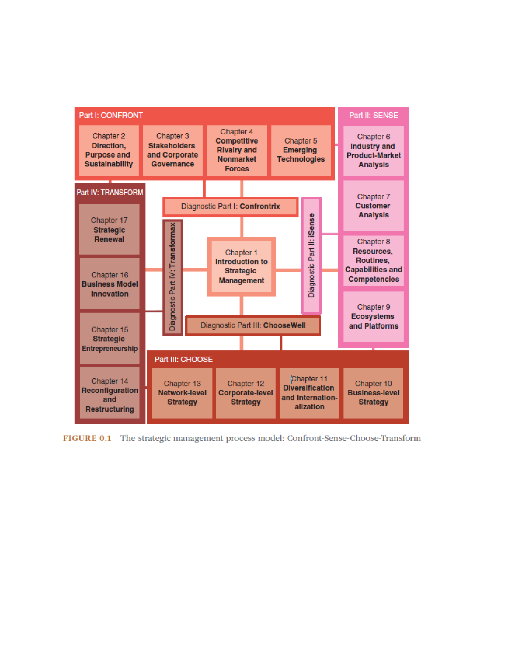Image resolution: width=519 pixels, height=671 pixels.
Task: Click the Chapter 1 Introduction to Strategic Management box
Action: tap(241, 266)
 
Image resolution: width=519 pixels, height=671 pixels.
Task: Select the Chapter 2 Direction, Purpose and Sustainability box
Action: tap(109, 150)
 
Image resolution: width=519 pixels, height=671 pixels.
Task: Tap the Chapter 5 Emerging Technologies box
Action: tap(301, 150)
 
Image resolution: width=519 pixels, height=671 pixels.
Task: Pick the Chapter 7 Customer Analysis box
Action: tap(374, 205)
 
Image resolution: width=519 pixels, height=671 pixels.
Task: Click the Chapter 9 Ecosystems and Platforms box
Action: tap(374, 316)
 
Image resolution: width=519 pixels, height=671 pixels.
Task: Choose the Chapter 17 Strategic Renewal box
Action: tap(109, 230)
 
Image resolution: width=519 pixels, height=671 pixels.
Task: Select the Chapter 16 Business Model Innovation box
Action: tap(109, 284)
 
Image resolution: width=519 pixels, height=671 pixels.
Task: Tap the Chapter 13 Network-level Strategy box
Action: tap(182, 393)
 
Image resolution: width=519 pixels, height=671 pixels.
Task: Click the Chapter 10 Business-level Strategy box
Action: tap(373, 393)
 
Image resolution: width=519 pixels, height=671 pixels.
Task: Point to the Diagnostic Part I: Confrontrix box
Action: tap(230, 207)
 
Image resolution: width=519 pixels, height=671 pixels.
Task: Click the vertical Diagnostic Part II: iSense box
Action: tap(311, 255)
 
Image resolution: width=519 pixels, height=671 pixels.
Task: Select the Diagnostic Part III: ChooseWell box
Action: tap(253, 325)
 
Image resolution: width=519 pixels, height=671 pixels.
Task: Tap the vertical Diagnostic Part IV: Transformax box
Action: tap(173, 277)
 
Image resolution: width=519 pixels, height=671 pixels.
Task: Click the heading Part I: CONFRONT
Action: tap(111, 115)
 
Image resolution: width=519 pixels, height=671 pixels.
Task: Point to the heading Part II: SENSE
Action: tap(374, 115)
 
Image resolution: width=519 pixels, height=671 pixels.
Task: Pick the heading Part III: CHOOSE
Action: tap(184, 359)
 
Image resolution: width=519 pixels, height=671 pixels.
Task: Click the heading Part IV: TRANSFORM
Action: tap(110, 192)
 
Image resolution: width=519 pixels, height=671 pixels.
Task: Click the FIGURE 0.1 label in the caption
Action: tap(87, 438)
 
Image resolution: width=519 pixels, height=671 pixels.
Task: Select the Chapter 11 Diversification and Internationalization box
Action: tap(310, 393)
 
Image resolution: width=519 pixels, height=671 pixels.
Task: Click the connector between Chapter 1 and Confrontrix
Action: tap(241, 227)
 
